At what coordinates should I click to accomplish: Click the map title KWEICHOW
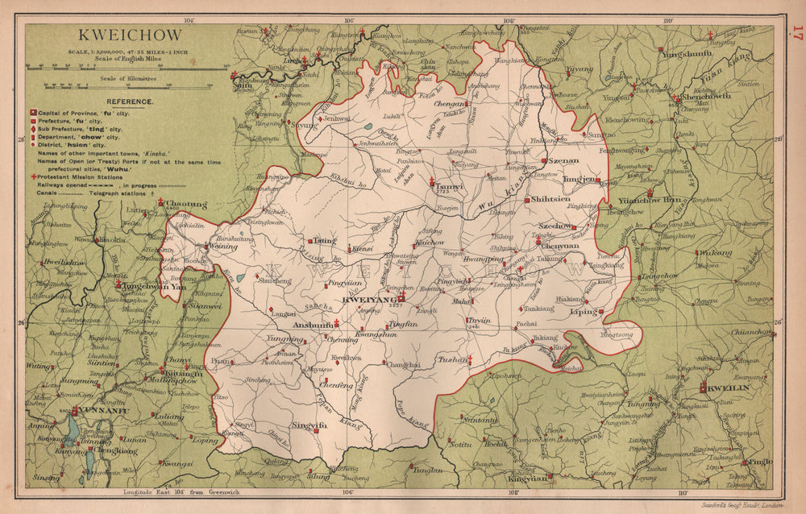[x=130, y=36]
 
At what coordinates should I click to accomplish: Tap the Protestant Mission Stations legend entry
[x=79, y=176]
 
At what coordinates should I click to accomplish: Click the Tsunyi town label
[x=448, y=184]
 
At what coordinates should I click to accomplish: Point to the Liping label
[x=584, y=311]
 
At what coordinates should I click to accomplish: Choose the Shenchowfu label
[x=706, y=96]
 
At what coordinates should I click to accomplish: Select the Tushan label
[x=452, y=359]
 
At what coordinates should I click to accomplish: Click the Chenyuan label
[x=561, y=246]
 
